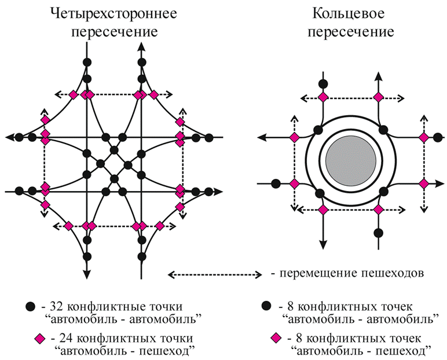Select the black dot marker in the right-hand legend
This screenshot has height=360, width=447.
click(x=266, y=305)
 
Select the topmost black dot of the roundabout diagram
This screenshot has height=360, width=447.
click(x=324, y=83)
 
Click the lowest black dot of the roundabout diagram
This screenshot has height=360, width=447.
click(x=378, y=233)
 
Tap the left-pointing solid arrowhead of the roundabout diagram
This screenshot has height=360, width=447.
click(x=262, y=137)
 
